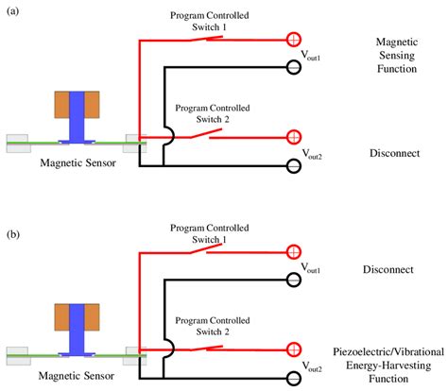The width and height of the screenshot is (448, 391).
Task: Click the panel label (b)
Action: tap(13, 207)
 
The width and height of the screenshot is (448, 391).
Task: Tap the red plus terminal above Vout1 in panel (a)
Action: tap(294, 40)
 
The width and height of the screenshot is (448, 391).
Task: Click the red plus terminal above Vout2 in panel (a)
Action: tap(294, 135)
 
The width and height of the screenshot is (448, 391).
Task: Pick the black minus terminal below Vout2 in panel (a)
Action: tap(294, 167)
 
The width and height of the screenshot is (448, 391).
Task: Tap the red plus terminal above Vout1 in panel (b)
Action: tap(294, 252)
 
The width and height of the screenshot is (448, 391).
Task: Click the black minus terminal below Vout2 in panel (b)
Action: tap(294, 379)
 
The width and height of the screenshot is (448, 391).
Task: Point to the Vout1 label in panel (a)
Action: tap(311, 57)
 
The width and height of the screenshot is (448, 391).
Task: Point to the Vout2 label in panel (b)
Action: tap(311, 365)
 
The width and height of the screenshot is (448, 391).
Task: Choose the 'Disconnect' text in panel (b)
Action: tap(395, 270)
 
